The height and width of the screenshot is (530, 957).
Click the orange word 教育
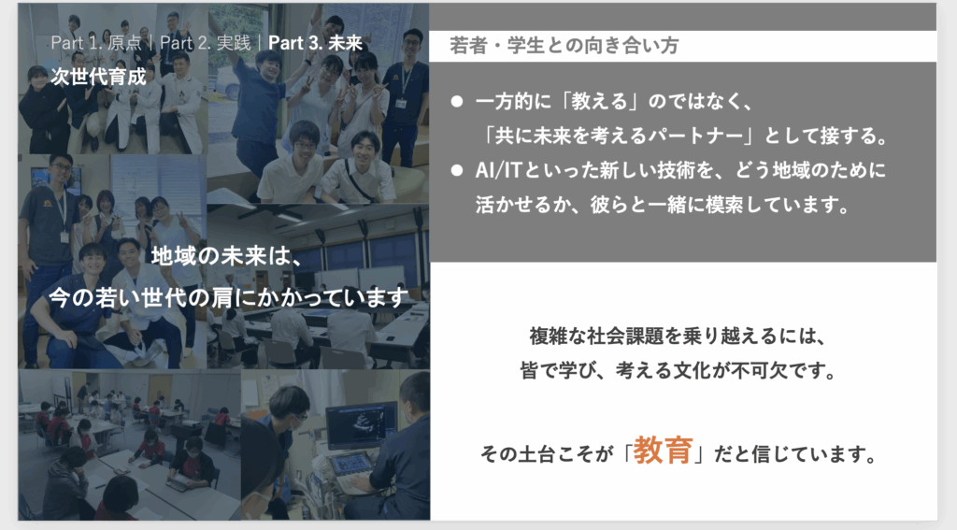pyautogui.click(x=663, y=451)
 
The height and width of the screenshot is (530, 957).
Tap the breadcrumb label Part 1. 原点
pyautogui.click(x=96, y=43)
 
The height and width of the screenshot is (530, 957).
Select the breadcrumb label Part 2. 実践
pyautogui.click(x=206, y=43)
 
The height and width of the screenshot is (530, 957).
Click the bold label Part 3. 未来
pyautogui.click(x=316, y=43)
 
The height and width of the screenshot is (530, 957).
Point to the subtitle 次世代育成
pyautogui.click(x=98, y=77)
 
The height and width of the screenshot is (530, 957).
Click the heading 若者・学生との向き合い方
pyautogui.click(x=564, y=46)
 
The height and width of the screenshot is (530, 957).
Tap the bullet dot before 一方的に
pyautogui.click(x=456, y=101)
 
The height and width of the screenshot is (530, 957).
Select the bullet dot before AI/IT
pyautogui.click(x=456, y=170)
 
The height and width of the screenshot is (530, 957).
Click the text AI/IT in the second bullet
pyautogui.click(x=499, y=170)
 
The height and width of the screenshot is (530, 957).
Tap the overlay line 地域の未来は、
pyautogui.click(x=227, y=256)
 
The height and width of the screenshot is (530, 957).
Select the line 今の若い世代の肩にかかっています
pyautogui.click(x=228, y=298)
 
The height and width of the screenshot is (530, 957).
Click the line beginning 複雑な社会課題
pyautogui.click(x=678, y=336)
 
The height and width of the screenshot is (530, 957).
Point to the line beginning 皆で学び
pyautogui.click(x=678, y=370)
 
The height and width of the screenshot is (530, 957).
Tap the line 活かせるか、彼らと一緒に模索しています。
pyautogui.click(x=663, y=205)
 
